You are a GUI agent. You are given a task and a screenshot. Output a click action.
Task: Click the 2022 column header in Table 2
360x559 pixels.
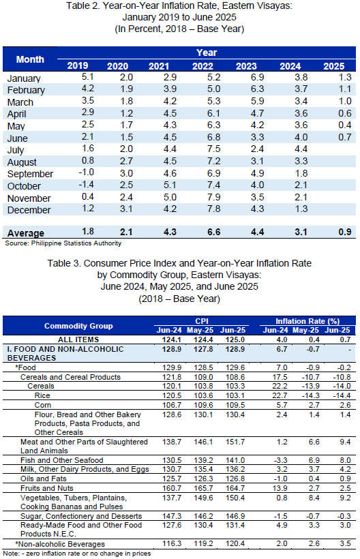(x=202, y=66)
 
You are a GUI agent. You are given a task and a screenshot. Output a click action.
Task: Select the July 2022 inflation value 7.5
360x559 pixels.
(x=214, y=149)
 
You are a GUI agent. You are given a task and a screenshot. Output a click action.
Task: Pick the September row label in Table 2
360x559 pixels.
(x=30, y=174)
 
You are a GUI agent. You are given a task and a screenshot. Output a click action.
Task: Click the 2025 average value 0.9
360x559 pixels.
(x=345, y=232)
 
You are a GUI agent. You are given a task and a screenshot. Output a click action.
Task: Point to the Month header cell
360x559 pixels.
(x=30, y=59)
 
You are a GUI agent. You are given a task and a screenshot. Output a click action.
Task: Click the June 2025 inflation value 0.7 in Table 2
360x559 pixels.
(x=345, y=137)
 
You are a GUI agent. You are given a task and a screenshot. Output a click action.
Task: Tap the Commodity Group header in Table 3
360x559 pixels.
(x=78, y=326)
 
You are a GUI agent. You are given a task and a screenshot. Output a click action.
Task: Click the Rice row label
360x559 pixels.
(x=42, y=395)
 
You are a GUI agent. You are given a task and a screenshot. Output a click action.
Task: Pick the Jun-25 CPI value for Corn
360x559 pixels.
(x=235, y=405)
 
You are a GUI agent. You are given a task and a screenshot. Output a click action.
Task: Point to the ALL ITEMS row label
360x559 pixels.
(x=78, y=339)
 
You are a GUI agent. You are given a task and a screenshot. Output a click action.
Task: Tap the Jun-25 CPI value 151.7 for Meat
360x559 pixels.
(x=235, y=442)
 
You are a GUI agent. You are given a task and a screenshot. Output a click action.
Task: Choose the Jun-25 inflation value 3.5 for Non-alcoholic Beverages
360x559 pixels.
(x=345, y=543)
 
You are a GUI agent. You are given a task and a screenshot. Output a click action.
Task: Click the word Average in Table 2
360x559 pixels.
(x=26, y=233)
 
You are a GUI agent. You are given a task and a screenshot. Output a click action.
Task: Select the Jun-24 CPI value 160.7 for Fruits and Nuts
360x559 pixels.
(x=171, y=488)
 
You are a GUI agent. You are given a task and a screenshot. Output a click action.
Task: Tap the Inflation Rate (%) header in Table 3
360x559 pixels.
(x=307, y=321)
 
